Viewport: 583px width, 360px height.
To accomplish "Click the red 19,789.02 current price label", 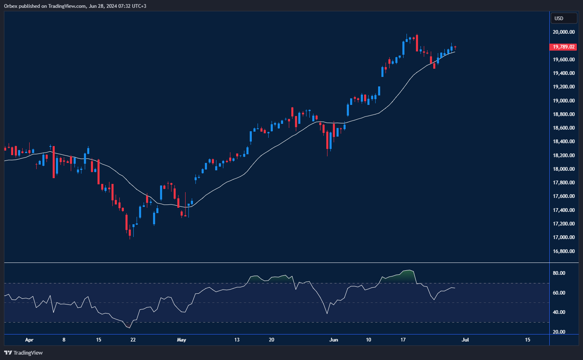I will click(x=563, y=47).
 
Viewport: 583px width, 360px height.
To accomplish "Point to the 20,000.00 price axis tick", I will click(x=564, y=32).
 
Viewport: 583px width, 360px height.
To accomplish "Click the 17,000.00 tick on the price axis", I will click(x=564, y=237).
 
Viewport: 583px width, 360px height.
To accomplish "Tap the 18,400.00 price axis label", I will click(x=564, y=142).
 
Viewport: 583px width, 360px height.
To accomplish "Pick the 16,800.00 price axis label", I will click(x=564, y=251).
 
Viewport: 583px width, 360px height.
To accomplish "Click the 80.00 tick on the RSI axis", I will click(x=559, y=273).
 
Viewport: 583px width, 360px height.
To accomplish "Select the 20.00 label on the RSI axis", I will click(x=559, y=332).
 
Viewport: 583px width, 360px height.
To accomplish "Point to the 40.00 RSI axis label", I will click(x=559, y=312).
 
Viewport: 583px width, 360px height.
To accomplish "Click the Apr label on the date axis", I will click(x=29, y=340).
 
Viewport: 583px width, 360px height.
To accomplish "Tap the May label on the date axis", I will click(x=181, y=340).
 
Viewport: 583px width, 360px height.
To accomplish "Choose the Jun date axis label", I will click(x=334, y=340).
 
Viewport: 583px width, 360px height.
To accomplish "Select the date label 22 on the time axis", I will click(x=133, y=340).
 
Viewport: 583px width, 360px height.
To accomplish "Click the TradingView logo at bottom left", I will click(x=23, y=353).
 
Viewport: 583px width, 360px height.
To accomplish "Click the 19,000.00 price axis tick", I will click(x=564, y=101).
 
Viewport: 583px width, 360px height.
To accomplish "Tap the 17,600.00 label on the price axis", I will click(x=564, y=196).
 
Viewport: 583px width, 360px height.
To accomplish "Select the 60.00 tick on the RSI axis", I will click(x=559, y=293).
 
